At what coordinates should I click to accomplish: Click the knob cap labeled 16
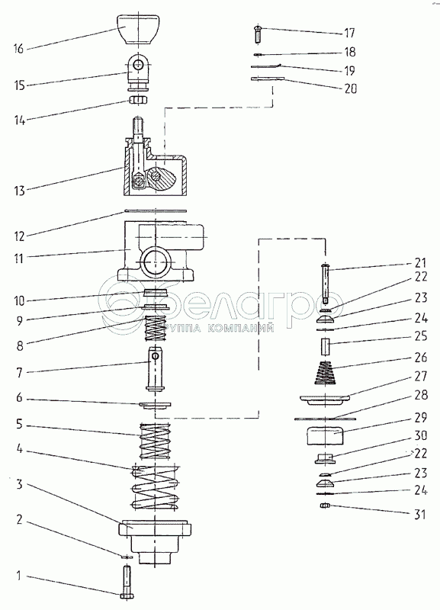click(x=138, y=29)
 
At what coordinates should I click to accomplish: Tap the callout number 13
click(x=20, y=191)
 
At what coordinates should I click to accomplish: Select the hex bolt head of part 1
click(x=127, y=596)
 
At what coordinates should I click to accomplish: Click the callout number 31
click(x=419, y=514)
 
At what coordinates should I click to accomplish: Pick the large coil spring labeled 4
click(x=155, y=487)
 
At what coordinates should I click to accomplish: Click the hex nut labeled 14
click(x=138, y=100)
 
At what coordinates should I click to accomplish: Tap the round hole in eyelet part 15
click(x=137, y=66)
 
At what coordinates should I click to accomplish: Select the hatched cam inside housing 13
click(x=162, y=178)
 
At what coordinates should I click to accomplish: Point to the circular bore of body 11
click(x=155, y=262)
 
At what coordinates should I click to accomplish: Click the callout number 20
click(x=350, y=88)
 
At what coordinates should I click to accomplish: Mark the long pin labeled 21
click(x=326, y=284)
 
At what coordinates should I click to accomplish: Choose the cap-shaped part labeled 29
click(x=326, y=435)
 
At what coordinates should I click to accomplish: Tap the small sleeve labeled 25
click(x=326, y=347)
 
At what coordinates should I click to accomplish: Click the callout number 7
click(x=20, y=372)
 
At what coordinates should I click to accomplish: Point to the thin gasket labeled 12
click(x=156, y=211)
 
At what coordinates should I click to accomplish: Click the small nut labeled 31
click(x=326, y=506)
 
